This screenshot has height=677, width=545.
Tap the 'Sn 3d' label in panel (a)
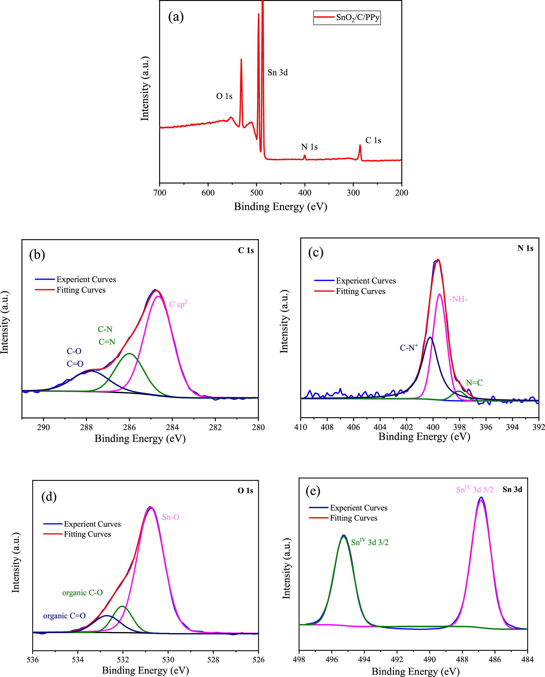tap(278, 72)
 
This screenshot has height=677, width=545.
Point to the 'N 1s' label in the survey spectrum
tap(309, 147)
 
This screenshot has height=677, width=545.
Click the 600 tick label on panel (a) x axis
tap(208, 193)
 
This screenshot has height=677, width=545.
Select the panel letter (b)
tap(37, 254)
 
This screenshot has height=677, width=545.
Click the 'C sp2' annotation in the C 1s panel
tap(178, 304)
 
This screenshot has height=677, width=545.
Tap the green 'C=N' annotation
tap(107, 342)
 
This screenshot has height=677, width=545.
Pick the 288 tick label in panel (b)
tap(86, 427)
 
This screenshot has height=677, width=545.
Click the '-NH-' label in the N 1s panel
tap(458, 299)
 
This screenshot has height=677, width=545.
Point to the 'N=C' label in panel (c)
tap(474, 383)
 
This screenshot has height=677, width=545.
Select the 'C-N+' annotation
tap(409, 348)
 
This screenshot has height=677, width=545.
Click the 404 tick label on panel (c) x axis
tap(380, 427)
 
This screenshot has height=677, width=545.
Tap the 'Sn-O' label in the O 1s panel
tap(170, 517)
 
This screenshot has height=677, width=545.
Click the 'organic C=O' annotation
tap(64, 616)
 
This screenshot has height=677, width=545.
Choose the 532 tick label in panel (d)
tap(123, 659)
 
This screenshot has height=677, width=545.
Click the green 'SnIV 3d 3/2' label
tap(370, 542)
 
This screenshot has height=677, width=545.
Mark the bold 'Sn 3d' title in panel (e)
tap(512, 489)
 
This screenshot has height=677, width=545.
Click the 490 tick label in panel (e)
tap(430, 659)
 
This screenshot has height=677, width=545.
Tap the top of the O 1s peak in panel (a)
tap(241, 60)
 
